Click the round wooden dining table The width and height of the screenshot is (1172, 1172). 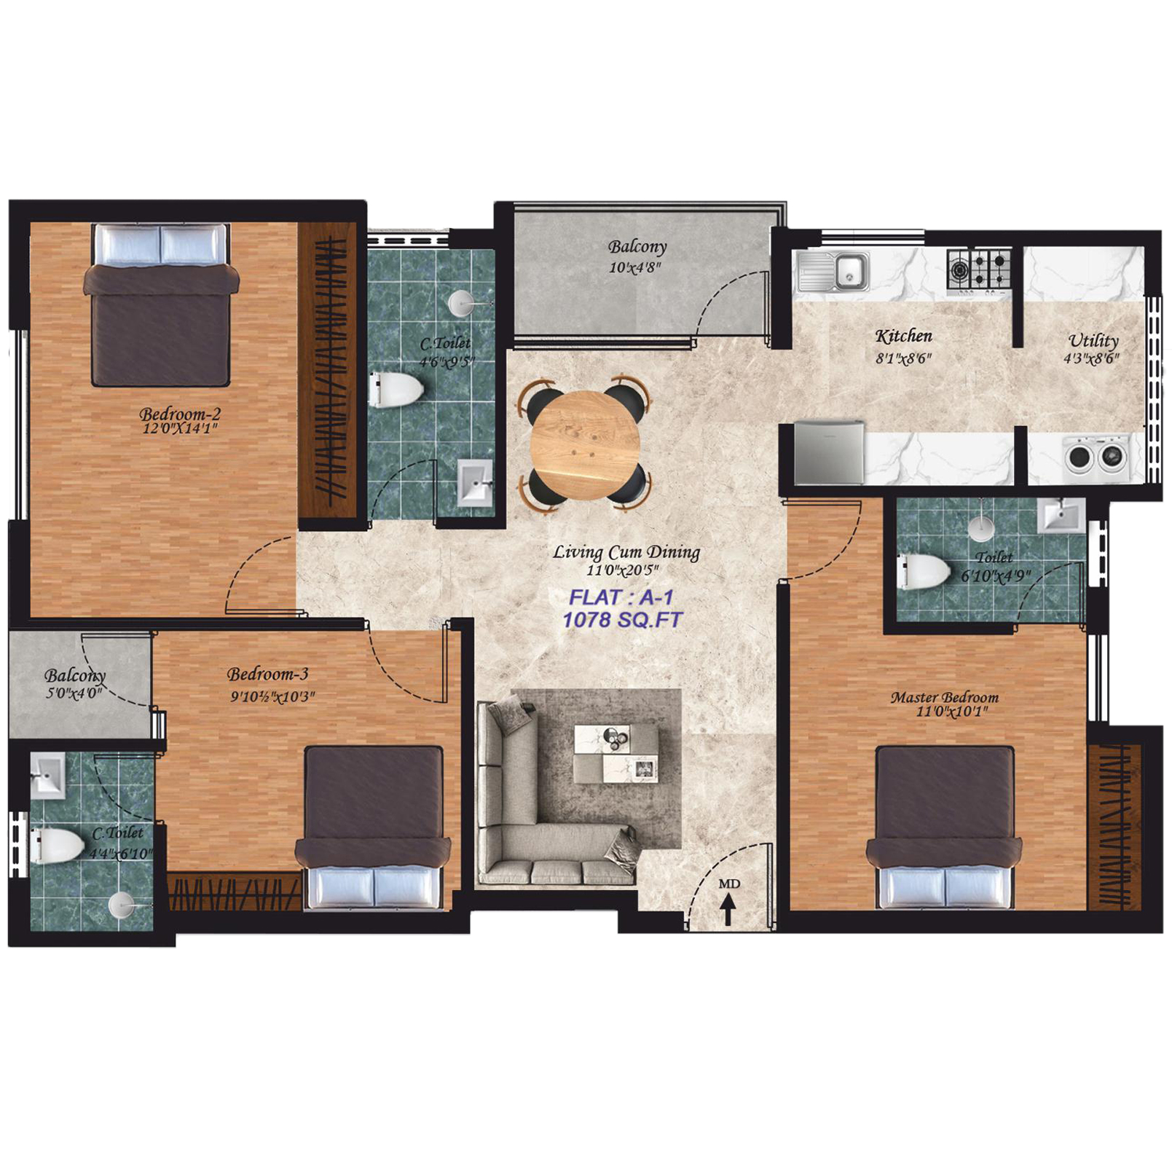tap(586, 445)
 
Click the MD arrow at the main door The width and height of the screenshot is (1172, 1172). tap(728, 909)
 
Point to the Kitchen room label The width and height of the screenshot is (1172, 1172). tap(903, 337)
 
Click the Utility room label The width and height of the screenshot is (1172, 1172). tap(1093, 341)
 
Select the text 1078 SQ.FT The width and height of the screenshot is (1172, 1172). tap(623, 620)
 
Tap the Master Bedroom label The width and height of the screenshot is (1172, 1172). tap(945, 697)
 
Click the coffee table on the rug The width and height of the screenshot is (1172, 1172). tap(616, 753)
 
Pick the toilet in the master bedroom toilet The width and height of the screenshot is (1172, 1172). tap(924, 571)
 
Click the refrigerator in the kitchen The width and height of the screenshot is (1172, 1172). tap(829, 452)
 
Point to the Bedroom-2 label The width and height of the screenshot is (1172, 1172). tap(180, 414)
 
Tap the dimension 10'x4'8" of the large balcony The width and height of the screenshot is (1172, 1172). tap(635, 268)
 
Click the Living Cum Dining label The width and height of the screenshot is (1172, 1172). tap(626, 552)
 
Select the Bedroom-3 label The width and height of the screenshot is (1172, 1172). tap(268, 674)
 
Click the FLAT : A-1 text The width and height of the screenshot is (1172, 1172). tap(621, 597)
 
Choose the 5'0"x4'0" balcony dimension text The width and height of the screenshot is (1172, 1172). tap(74, 693)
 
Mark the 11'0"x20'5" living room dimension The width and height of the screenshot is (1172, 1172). tap(623, 571)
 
